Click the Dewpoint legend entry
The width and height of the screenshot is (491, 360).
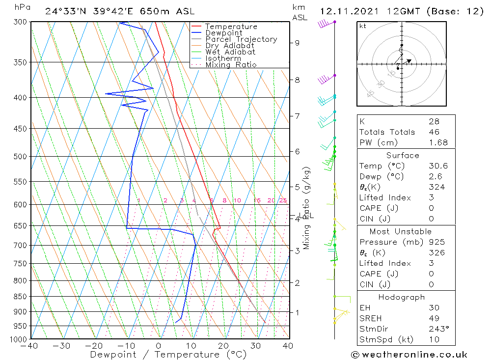223,33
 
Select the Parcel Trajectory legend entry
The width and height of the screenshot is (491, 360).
241,39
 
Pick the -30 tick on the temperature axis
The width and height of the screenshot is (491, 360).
63,346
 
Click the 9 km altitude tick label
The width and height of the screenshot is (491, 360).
297,43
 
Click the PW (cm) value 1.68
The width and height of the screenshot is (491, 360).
438,143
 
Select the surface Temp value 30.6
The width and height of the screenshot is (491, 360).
438,166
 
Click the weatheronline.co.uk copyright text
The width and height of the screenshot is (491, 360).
409,355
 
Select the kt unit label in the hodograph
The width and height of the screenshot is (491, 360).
363,26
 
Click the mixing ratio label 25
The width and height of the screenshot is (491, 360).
283,200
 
